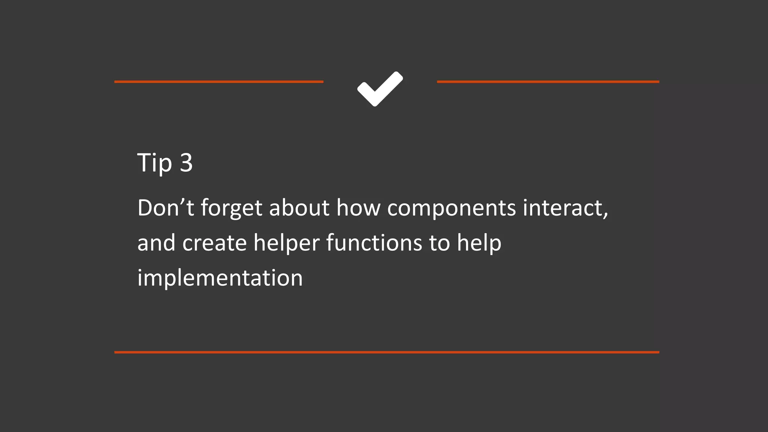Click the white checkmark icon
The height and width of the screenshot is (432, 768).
[380, 89]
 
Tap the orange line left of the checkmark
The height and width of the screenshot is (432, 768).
[219, 81]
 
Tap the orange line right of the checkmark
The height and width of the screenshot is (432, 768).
[548, 81]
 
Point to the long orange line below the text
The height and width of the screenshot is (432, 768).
[387, 352]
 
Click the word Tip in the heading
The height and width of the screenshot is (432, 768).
[154, 163]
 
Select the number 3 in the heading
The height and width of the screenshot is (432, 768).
[186, 163]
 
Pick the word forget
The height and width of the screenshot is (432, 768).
[231, 208]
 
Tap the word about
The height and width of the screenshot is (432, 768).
[299, 208]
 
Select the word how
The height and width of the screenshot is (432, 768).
[358, 208]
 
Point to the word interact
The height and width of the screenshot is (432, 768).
[562, 208]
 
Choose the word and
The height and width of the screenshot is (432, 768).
[156, 243]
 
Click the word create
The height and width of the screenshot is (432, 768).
[214, 243]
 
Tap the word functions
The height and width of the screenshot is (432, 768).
[374, 243]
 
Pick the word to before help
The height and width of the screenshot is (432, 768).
[439, 243]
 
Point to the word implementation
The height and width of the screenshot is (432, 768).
[220, 278]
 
